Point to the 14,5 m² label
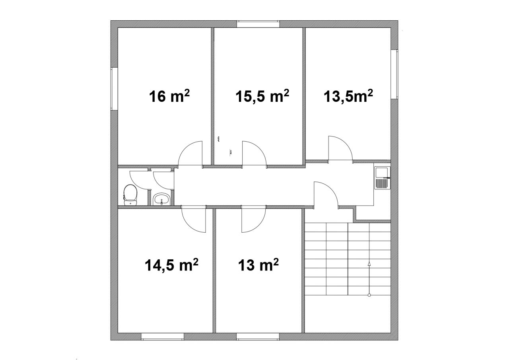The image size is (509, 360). (x=171, y=265)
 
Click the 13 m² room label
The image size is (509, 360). (x=258, y=265)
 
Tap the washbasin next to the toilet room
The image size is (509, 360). (x=161, y=199)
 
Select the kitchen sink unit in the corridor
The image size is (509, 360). (x=382, y=177)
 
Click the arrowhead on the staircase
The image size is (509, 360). (x=369, y=264)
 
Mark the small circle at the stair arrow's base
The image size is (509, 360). (x=369, y=295)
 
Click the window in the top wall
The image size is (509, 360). (x=258, y=24)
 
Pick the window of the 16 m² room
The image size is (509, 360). (x=114, y=89)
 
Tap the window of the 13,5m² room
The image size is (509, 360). (x=394, y=74)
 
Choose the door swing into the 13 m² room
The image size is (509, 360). (x=259, y=225)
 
